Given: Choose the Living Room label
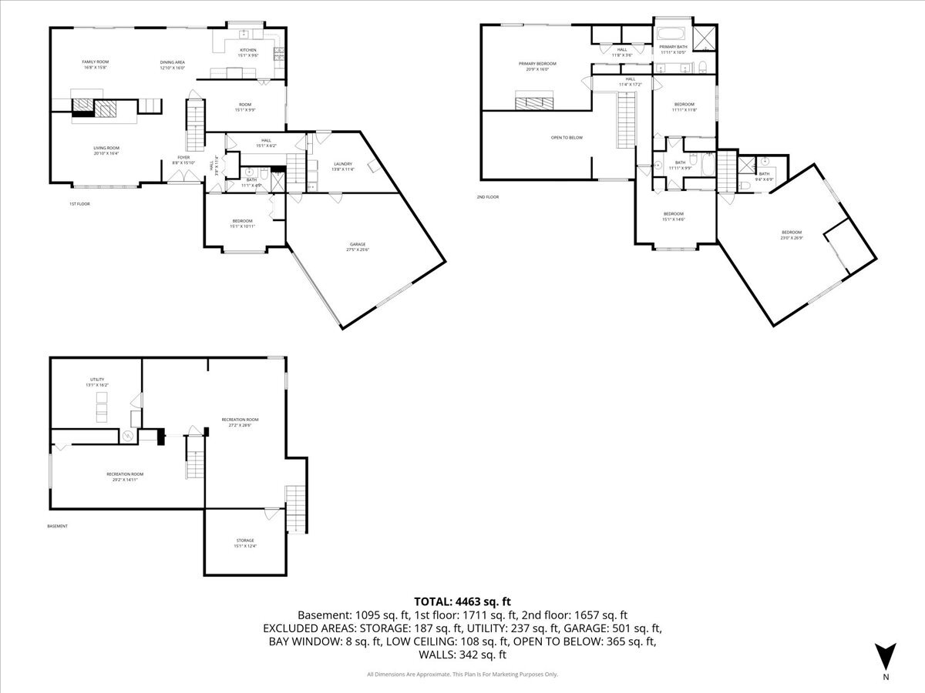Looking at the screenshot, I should (x=106, y=150).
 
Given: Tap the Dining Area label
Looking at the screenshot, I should (x=173, y=65).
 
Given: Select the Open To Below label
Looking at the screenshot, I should (x=567, y=137).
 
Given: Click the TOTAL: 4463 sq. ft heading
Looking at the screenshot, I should (x=462, y=601).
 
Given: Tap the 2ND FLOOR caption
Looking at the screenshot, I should (x=487, y=197).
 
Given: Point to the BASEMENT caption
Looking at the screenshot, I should (x=57, y=527).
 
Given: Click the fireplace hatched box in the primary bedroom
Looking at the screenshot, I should (x=534, y=98).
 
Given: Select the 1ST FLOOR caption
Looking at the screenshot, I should (x=80, y=204).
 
